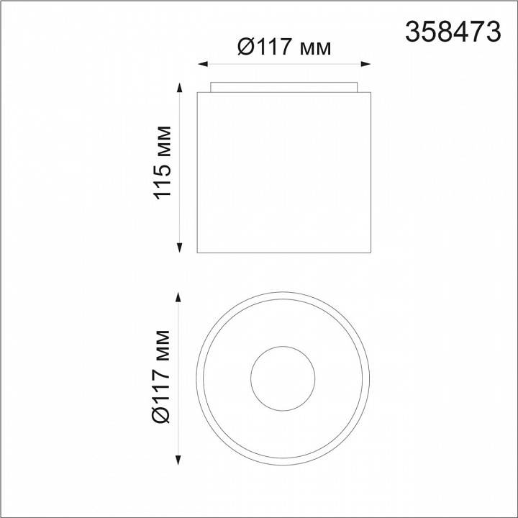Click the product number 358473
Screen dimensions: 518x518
click(453, 32)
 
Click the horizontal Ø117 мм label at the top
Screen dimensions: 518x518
click(283, 47)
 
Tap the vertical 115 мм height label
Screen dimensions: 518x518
click(163, 163)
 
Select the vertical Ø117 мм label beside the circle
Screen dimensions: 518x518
click(161, 376)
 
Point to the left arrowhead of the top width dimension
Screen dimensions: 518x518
click(202, 64)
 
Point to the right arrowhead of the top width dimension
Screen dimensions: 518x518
click(365, 64)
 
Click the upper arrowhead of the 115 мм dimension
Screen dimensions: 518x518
click(179, 88)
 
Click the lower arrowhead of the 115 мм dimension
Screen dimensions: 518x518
click(179, 247)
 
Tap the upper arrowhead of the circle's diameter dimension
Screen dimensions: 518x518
click(178, 297)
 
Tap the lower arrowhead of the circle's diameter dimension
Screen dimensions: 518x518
click(178, 460)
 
